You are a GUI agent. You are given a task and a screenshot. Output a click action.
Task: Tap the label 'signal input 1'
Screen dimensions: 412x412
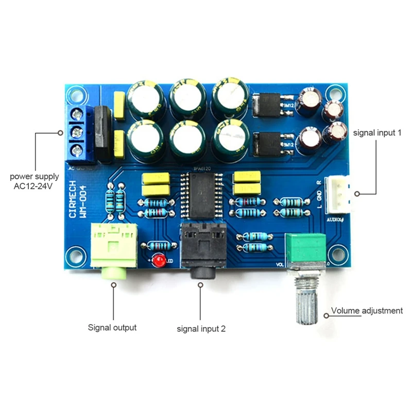coord(377,132)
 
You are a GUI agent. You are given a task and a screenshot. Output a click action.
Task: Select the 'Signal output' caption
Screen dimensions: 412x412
coord(112,327)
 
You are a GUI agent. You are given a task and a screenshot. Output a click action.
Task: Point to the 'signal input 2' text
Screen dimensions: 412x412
coord(201,328)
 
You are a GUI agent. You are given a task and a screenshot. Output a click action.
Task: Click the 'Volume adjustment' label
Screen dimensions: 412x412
coord(367,311)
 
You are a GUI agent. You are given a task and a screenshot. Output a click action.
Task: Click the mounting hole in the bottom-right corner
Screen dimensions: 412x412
coord(338,255)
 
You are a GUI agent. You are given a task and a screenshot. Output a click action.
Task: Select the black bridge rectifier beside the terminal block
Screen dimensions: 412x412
coord(101,133)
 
